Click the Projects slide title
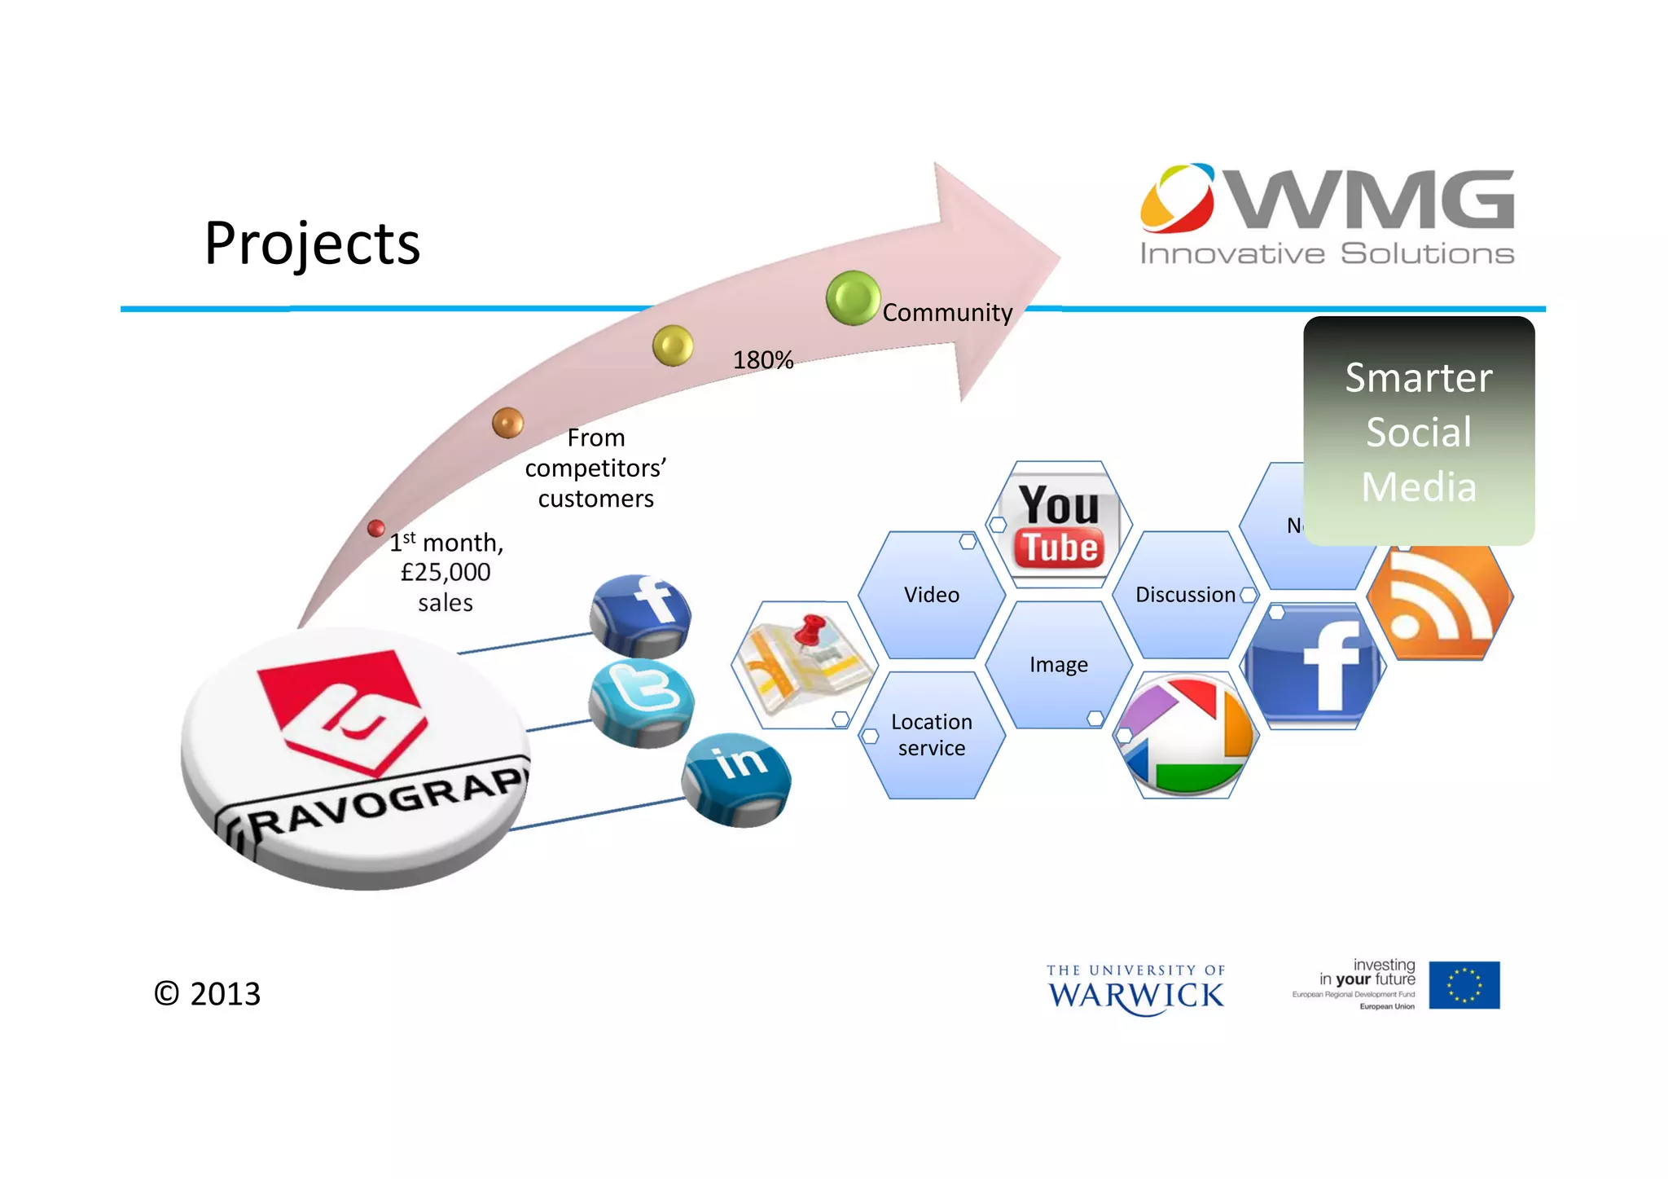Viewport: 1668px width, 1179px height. click(312, 243)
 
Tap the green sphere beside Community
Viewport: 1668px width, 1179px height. click(852, 298)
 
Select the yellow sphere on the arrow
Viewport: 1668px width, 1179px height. click(673, 345)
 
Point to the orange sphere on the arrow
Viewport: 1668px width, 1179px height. click(507, 423)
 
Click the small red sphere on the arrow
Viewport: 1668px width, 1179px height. click(375, 528)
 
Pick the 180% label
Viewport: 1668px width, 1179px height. click(763, 360)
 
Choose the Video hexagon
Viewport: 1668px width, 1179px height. click(932, 595)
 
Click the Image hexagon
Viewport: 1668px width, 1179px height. click(1058, 665)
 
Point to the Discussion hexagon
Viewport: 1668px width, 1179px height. click(1185, 595)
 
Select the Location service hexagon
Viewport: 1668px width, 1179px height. click(932, 735)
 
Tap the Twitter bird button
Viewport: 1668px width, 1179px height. click(642, 702)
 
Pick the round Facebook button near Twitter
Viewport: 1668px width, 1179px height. click(641, 615)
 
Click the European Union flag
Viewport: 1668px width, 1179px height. click(1464, 985)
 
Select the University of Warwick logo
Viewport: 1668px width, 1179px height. click(1135, 989)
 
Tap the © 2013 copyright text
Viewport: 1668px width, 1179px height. click(208, 994)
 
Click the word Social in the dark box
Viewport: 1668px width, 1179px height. click(1418, 432)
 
